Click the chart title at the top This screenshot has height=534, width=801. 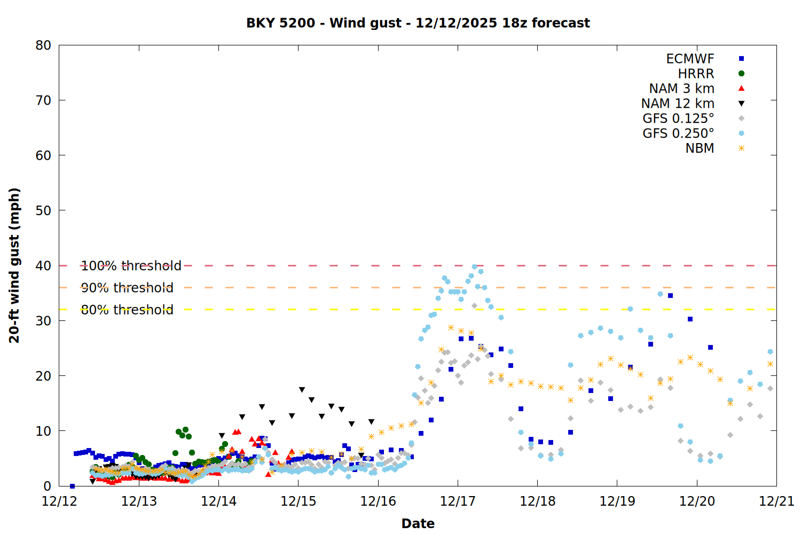click(x=418, y=23)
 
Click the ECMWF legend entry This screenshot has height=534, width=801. click(x=690, y=59)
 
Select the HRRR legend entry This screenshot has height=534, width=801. click(x=696, y=74)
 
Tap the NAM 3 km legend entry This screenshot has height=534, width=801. click(x=681, y=89)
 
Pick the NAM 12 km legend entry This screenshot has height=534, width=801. click(x=678, y=104)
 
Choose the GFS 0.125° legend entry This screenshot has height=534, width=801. click(x=678, y=119)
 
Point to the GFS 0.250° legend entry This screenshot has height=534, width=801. click(x=678, y=133)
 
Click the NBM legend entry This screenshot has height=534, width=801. click(x=700, y=148)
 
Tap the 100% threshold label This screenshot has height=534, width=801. click(x=131, y=266)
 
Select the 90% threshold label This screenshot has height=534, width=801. click(x=127, y=288)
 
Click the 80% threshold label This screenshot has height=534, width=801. click(x=127, y=310)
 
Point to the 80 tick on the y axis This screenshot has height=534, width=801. click(x=44, y=45)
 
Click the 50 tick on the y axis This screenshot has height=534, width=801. click(x=44, y=210)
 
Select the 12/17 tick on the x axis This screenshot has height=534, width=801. click(x=458, y=501)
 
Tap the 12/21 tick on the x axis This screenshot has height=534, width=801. click(x=776, y=501)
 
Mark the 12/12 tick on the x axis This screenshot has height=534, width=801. click(x=59, y=501)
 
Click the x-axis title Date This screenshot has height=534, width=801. click(x=418, y=523)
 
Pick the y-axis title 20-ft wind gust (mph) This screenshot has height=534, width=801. click(x=14, y=265)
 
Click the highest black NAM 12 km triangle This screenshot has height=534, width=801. click(x=302, y=390)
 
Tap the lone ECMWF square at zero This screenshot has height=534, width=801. click(x=72, y=486)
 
